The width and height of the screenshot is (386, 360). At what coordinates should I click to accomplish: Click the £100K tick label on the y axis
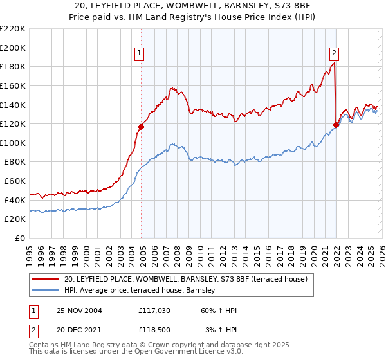click(x=13, y=143)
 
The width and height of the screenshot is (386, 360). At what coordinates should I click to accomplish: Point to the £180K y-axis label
click(x=13, y=66)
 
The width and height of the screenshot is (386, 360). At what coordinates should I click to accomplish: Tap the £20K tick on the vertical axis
click(x=15, y=219)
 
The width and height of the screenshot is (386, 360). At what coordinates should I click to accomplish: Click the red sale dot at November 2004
click(x=142, y=127)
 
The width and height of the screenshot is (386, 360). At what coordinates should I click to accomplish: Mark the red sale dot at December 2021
click(x=336, y=125)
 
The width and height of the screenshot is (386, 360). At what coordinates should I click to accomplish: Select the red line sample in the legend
click(x=46, y=279)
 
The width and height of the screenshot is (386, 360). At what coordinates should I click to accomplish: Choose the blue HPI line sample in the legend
click(x=46, y=291)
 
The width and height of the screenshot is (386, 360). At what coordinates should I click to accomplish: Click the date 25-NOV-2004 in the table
click(x=79, y=310)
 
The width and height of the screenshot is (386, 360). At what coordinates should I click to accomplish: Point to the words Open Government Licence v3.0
click(x=174, y=352)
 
